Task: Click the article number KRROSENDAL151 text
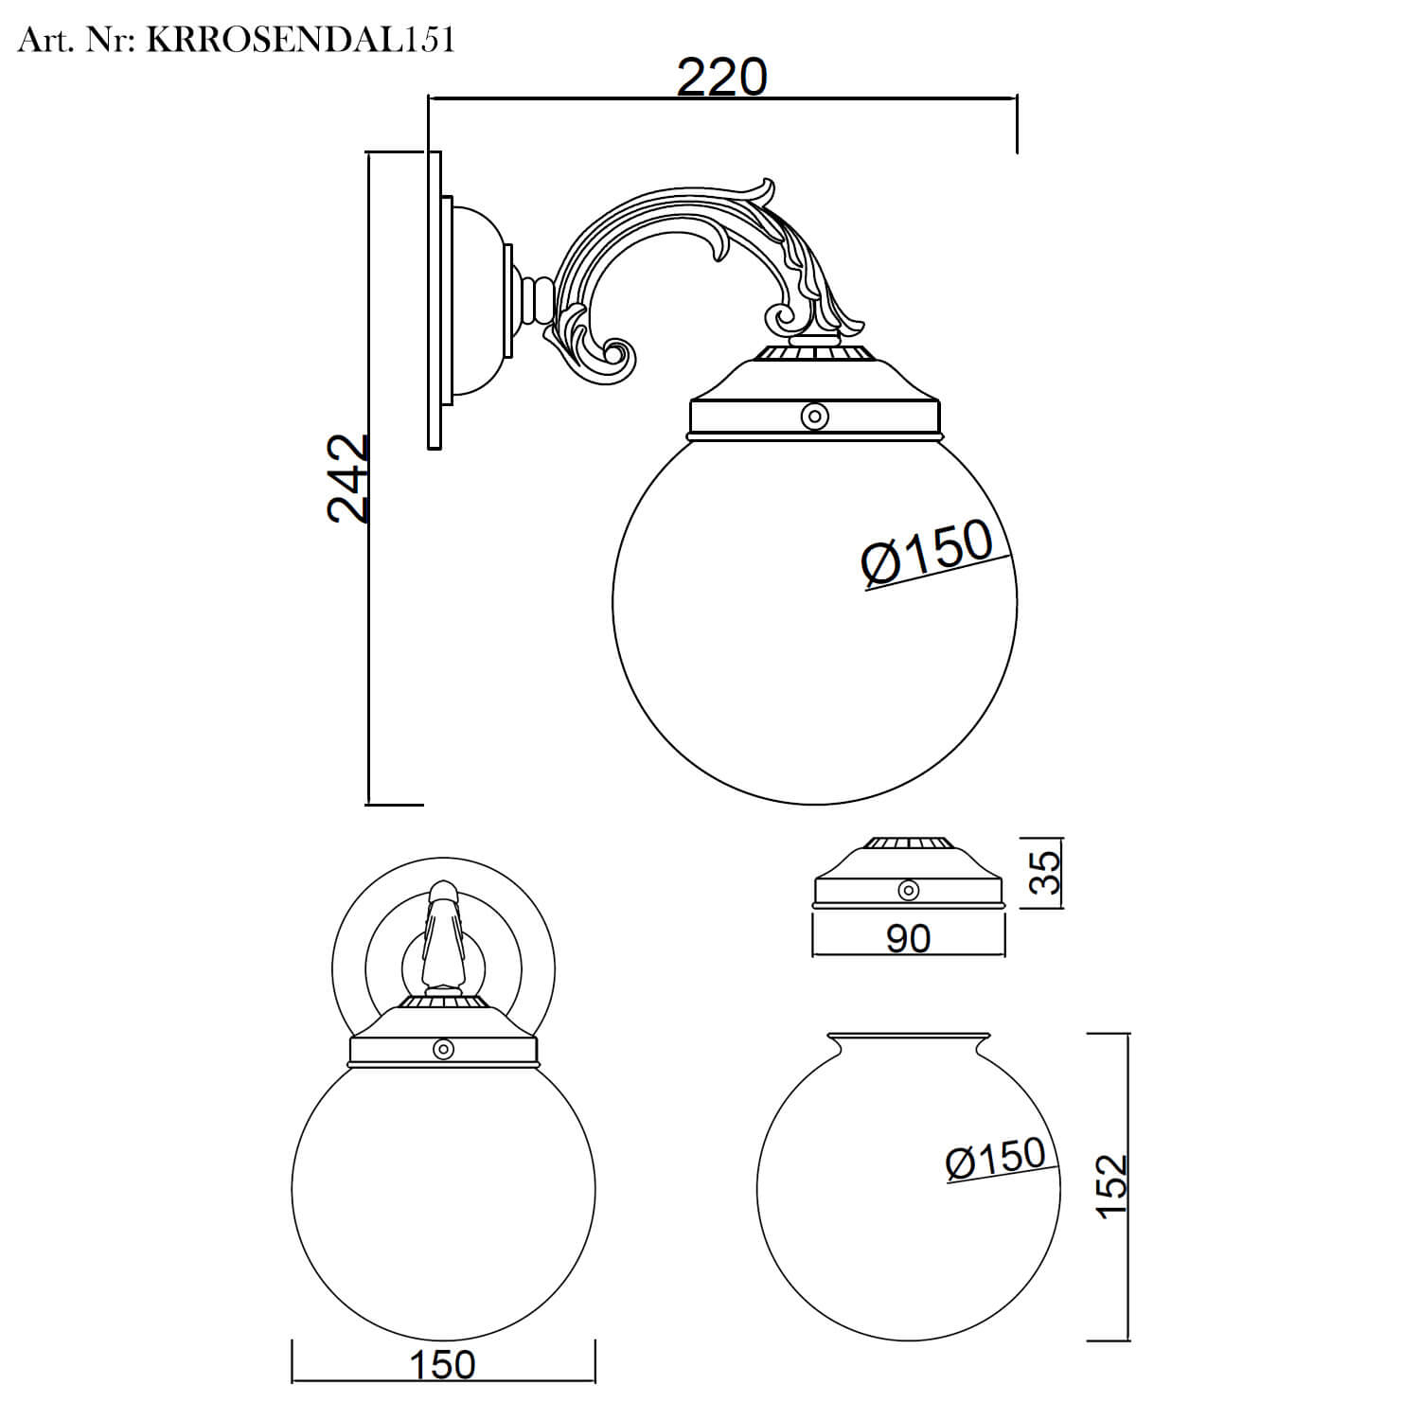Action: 301,40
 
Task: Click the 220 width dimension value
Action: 721,78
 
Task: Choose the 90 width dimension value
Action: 908,937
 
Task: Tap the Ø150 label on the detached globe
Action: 995,1158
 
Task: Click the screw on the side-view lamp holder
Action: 814,417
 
